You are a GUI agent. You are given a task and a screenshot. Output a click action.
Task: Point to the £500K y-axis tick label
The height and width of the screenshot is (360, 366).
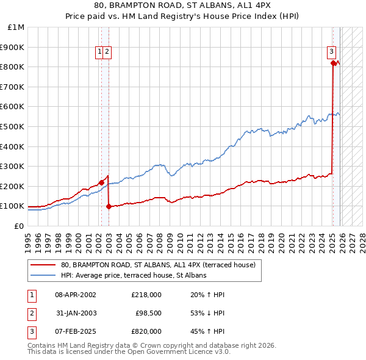point(13,127)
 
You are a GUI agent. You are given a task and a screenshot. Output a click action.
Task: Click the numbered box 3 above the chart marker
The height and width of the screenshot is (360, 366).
point(331,52)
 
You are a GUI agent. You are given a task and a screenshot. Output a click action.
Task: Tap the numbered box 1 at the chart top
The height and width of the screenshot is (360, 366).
point(99,52)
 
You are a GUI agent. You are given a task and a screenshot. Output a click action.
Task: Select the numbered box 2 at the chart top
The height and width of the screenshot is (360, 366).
point(107,52)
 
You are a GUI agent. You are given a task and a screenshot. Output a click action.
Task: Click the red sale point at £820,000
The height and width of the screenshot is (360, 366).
point(333,63)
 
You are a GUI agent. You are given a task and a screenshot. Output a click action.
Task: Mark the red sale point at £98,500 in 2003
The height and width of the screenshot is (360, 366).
point(109,206)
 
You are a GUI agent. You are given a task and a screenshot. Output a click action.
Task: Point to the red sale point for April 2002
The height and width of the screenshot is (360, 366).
point(101,182)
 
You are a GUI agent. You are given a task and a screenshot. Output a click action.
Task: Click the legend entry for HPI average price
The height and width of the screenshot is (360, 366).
point(134,275)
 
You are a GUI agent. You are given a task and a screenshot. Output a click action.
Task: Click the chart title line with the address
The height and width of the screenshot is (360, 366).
point(182,6)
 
